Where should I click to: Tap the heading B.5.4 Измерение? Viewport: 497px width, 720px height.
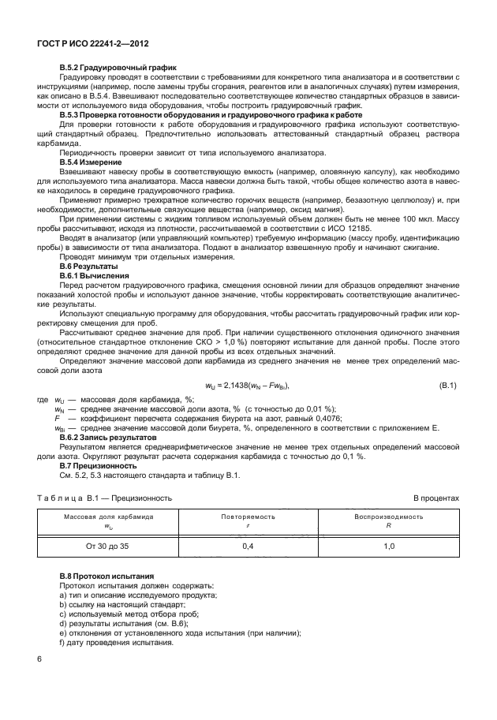tap(87, 161)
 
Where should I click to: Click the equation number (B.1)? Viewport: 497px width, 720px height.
tap(448, 384)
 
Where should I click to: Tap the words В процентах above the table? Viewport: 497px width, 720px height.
tap(436, 498)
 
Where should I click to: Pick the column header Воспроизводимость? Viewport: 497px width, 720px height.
tap(388, 517)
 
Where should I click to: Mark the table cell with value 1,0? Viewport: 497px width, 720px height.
tap(388, 546)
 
